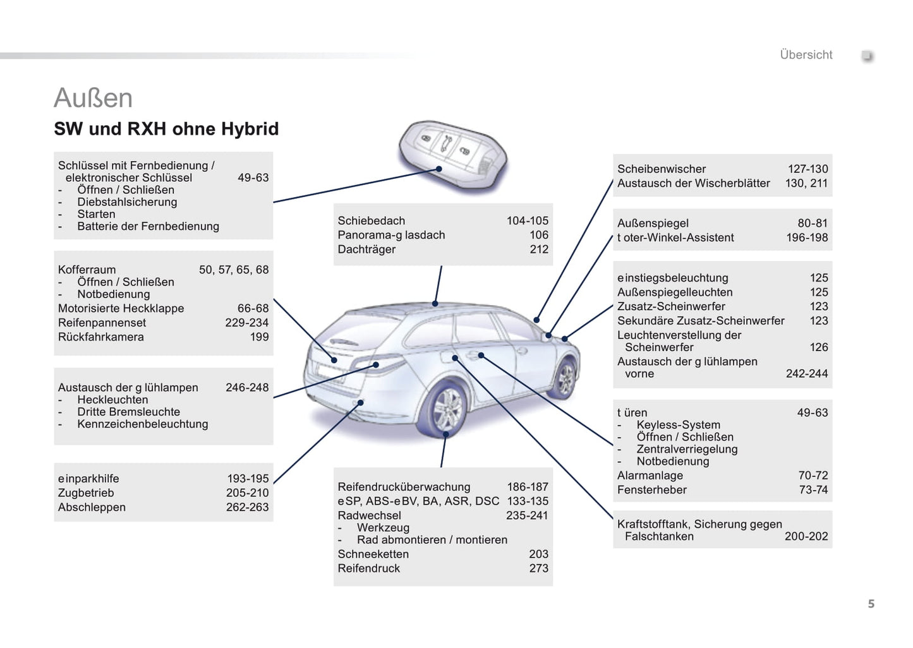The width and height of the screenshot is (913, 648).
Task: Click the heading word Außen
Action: click(x=94, y=98)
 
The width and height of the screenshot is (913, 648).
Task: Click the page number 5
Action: click(x=871, y=604)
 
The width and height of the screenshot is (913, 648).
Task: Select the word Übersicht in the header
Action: click(x=806, y=55)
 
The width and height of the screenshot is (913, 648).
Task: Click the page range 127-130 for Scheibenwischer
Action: click(x=807, y=169)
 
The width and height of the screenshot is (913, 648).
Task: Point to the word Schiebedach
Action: click(x=372, y=220)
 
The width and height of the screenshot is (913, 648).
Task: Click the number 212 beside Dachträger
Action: click(x=539, y=249)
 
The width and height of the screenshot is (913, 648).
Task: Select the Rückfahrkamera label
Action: click(x=101, y=337)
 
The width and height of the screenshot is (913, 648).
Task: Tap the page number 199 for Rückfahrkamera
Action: click(x=259, y=337)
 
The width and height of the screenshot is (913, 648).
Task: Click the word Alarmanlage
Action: click(x=650, y=475)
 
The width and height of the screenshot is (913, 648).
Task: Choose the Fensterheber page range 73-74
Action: click(x=813, y=489)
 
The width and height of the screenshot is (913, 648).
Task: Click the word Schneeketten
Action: click(x=373, y=554)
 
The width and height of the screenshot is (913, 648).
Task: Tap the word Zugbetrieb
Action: click(x=86, y=493)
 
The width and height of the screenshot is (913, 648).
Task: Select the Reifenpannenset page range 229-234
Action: click(x=247, y=322)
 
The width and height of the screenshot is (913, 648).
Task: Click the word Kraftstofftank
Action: click(x=653, y=524)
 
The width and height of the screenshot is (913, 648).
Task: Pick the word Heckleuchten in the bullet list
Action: click(x=112, y=400)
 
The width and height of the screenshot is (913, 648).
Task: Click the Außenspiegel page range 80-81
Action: click(x=813, y=223)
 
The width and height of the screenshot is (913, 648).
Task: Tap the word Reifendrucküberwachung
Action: click(x=404, y=486)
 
